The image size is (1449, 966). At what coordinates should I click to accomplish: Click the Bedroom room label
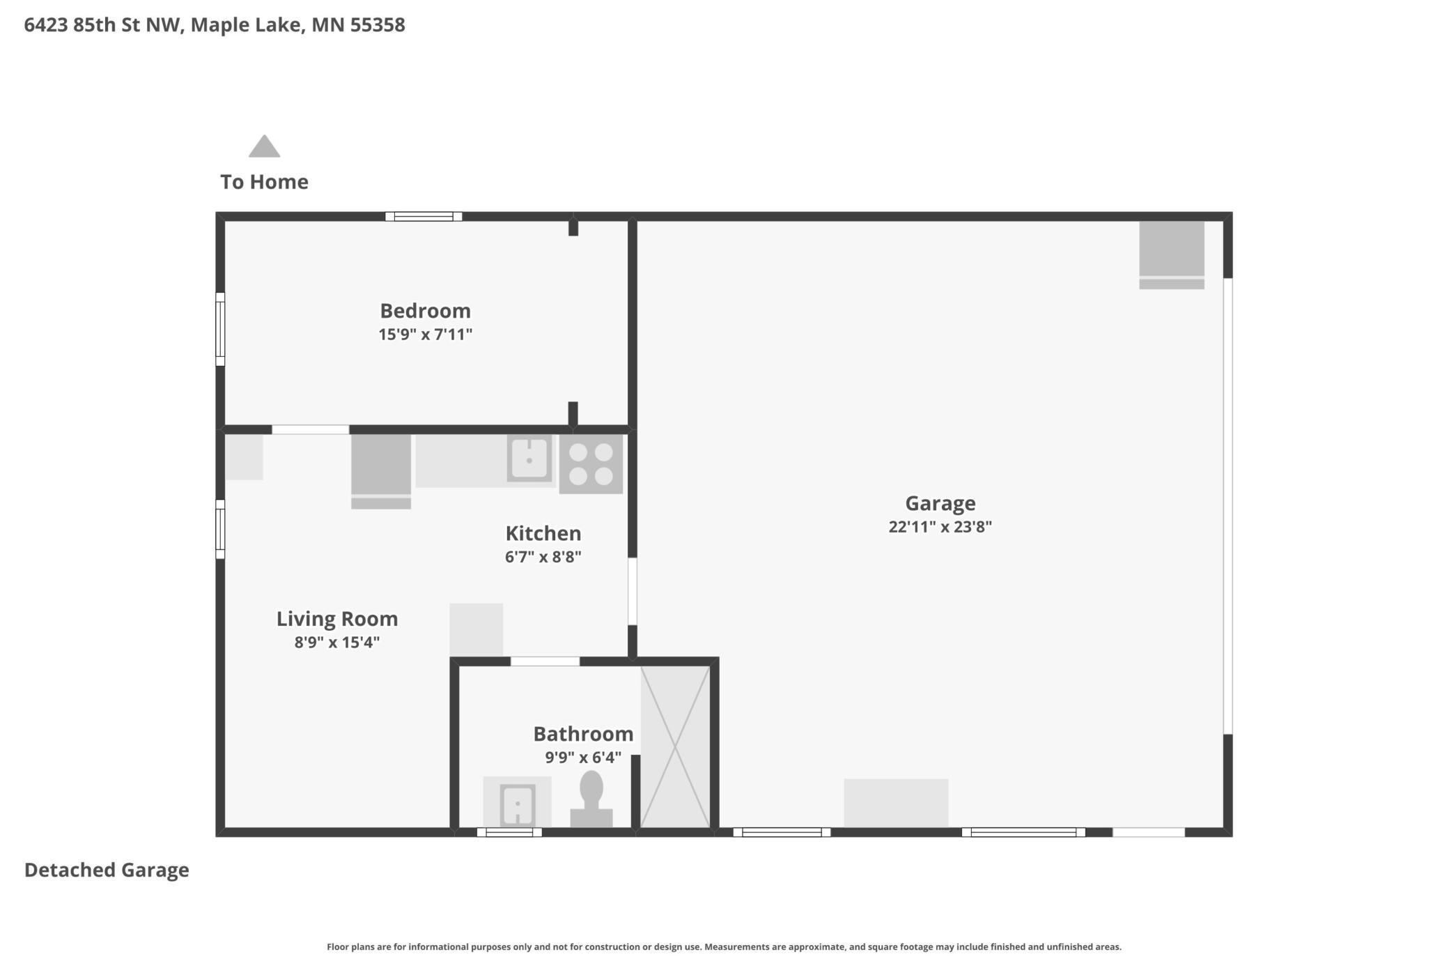pos(425,310)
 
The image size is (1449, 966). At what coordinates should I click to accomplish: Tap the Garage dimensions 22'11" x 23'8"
pos(940,527)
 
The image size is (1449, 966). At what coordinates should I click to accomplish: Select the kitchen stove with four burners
pos(591,464)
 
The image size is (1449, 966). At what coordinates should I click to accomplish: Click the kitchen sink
pos(529,459)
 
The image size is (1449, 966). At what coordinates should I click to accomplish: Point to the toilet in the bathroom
pos(591,799)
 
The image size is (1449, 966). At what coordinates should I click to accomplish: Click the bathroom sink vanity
pos(517,803)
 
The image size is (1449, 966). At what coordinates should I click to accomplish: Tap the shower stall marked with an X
pos(675,746)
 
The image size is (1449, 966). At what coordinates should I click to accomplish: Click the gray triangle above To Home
pos(264,146)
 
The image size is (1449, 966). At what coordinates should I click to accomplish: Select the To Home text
pos(264,182)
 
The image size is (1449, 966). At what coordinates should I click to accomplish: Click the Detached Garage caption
pos(107,870)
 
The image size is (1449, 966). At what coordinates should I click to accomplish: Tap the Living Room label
pos(337,619)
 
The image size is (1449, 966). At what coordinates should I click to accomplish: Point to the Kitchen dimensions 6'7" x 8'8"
pos(543,557)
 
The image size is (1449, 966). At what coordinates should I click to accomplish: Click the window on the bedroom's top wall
pos(424,217)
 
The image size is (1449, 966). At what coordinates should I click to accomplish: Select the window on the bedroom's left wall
pos(220,329)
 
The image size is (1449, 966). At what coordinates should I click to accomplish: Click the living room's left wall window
pos(220,529)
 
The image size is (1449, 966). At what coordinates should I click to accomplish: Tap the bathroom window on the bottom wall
pos(509,832)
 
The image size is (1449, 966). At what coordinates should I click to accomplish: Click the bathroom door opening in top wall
pos(545,661)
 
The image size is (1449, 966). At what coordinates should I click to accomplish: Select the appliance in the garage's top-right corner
pos(1171,254)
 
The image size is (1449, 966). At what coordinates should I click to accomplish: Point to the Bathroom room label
pos(583,734)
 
